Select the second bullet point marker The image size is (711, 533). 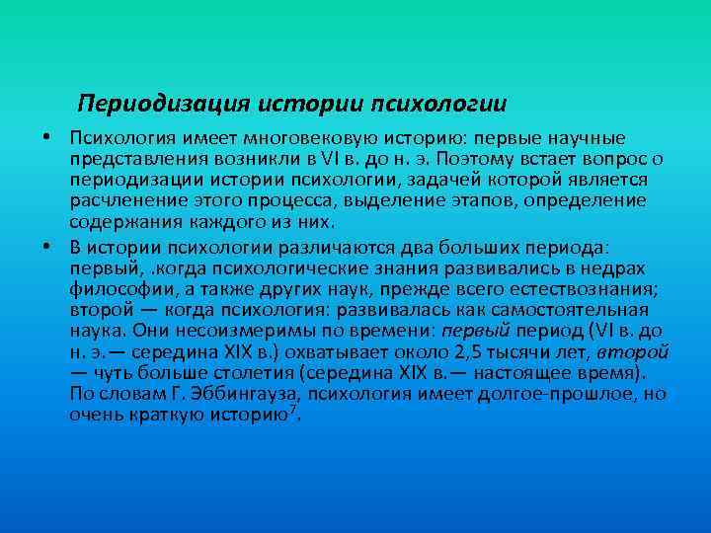pos(46,247)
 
